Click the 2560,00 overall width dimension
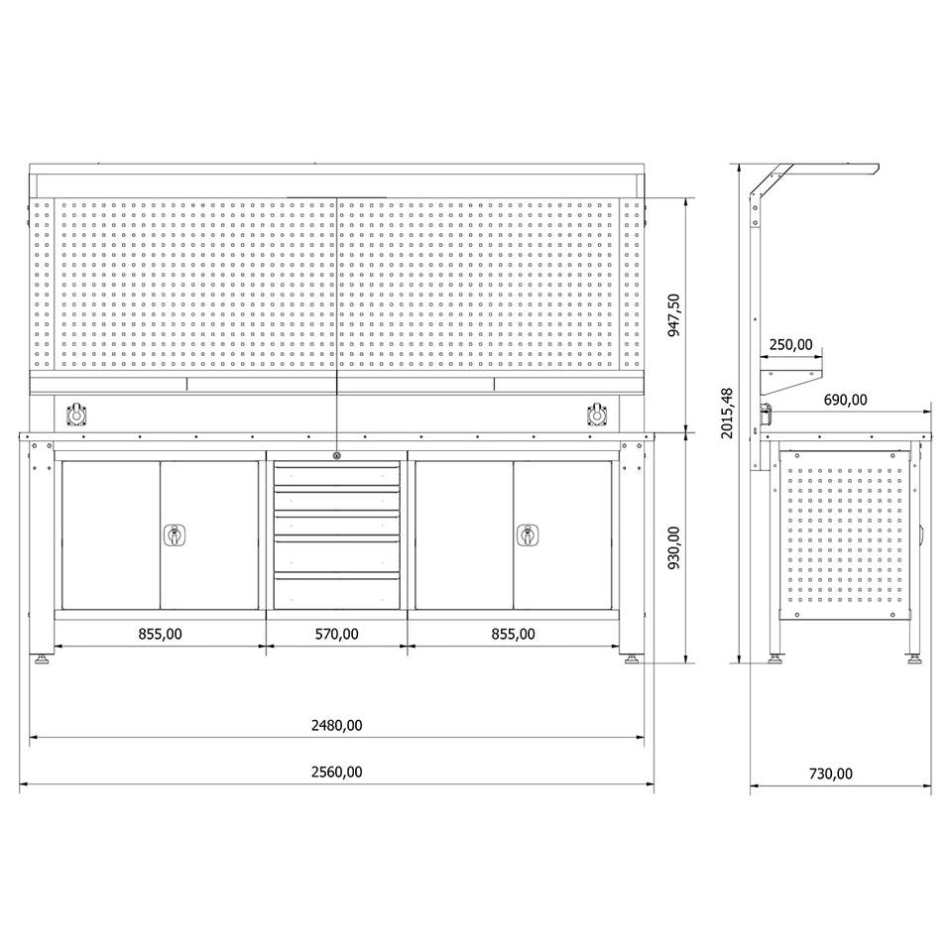(x=336, y=772)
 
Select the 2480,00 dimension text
(x=336, y=725)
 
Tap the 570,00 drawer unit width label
(x=336, y=634)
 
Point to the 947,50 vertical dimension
(x=674, y=315)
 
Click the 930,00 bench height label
(x=674, y=547)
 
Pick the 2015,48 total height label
(x=727, y=413)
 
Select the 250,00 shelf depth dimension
(x=790, y=345)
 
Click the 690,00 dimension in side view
(x=845, y=400)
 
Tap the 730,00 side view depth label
(x=831, y=773)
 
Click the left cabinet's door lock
(x=175, y=535)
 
